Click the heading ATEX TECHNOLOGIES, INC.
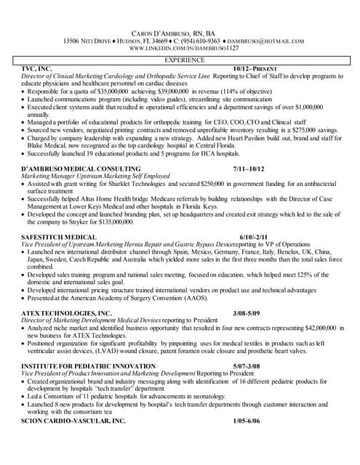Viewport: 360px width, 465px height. coord(67,313)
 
